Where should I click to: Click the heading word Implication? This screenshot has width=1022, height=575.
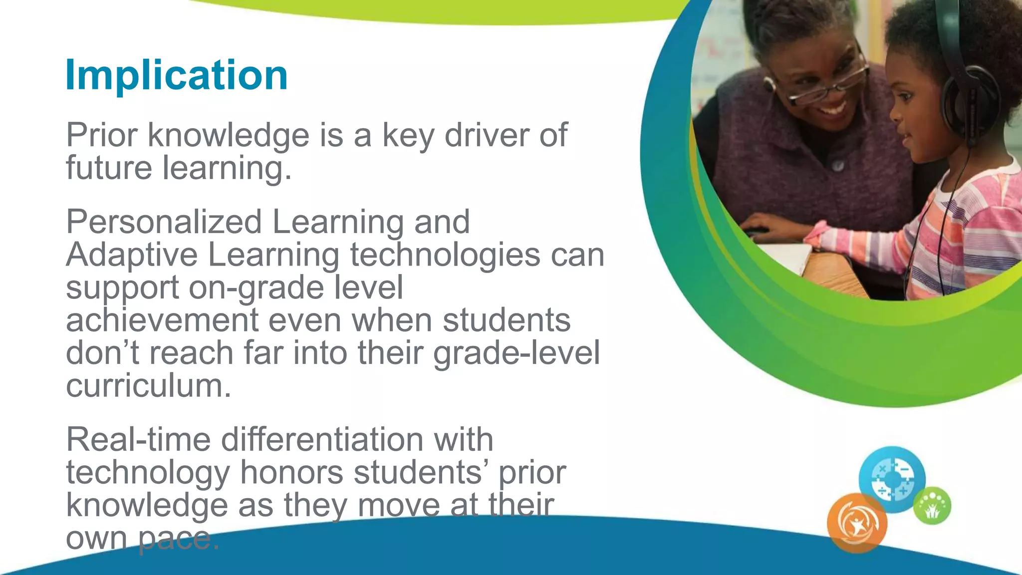pyautogui.click(x=176, y=75)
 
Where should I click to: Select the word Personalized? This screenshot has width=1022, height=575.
pyautogui.click(x=164, y=222)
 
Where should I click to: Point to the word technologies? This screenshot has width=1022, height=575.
pyautogui.click(x=445, y=255)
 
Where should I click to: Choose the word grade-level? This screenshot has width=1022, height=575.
pyautogui.click(x=516, y=353)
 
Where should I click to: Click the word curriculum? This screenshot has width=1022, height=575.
pyautogui.click(x=148, y=386)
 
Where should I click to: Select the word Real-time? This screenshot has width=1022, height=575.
pyautogui.click(x=138, y=439)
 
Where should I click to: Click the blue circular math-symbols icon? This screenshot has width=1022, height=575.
pyautogui.click(x=892, y=479)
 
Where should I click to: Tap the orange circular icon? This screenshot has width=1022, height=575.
pyautogui.click(x=857, y=523)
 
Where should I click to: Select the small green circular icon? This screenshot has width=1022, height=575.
pyautogui.click(x=932, y=506)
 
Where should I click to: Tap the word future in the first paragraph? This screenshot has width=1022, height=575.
pyautogui.click(x=109, y=168)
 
